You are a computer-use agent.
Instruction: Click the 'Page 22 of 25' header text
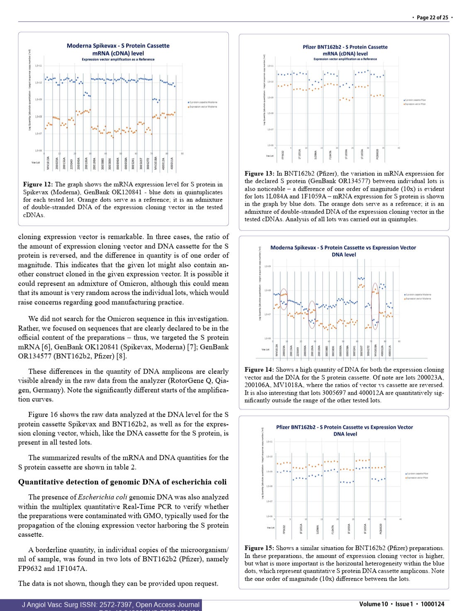432,17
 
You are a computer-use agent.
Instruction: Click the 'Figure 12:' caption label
38,184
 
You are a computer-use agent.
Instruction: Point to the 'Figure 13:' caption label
259,174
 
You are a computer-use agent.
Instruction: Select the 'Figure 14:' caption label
259,370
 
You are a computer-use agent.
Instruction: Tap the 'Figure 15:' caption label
259,548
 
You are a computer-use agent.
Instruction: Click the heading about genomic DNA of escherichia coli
122,482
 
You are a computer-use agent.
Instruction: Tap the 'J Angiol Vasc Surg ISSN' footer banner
110,605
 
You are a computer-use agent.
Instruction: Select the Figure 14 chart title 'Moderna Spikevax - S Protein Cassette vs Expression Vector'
343,247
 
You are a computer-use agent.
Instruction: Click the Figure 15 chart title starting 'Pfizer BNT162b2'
345,427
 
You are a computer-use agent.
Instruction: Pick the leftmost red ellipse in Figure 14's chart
284,299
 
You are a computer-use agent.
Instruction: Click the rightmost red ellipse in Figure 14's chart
375,306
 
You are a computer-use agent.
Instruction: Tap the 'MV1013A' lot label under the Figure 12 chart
48,163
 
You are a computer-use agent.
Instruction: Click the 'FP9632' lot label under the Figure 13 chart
283,154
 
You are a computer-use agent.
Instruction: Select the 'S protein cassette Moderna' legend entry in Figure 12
203,102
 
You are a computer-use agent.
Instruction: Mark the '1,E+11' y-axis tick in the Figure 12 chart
38,65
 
